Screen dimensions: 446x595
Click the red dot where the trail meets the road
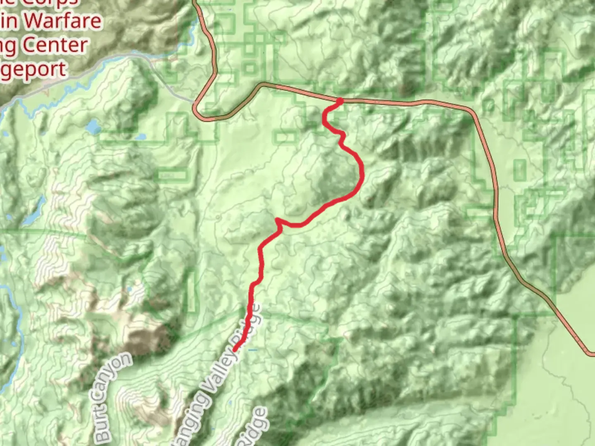tap(340, 101)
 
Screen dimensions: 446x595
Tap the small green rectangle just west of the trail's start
tap(285, 137)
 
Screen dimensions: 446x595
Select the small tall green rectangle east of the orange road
tap(519, 169)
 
